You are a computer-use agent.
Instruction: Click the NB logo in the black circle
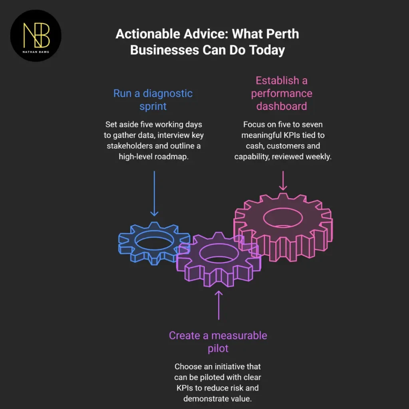click(36, 36)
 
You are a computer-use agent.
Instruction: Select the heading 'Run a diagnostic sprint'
click(153, 100)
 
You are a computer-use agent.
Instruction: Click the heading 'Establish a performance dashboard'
click(282, 93)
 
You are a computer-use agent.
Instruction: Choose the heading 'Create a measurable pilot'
click(218, 342)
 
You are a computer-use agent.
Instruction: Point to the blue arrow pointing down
click(155, 194)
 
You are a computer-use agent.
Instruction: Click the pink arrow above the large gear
click(283, 181)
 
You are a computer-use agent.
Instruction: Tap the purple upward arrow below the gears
click(218, 305)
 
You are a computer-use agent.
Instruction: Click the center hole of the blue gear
click(154, 240)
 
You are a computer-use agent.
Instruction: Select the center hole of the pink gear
click(283, 218)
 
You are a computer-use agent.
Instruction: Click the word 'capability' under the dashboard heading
click(252, 157)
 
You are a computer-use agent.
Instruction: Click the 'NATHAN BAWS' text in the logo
click(36, 52)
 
